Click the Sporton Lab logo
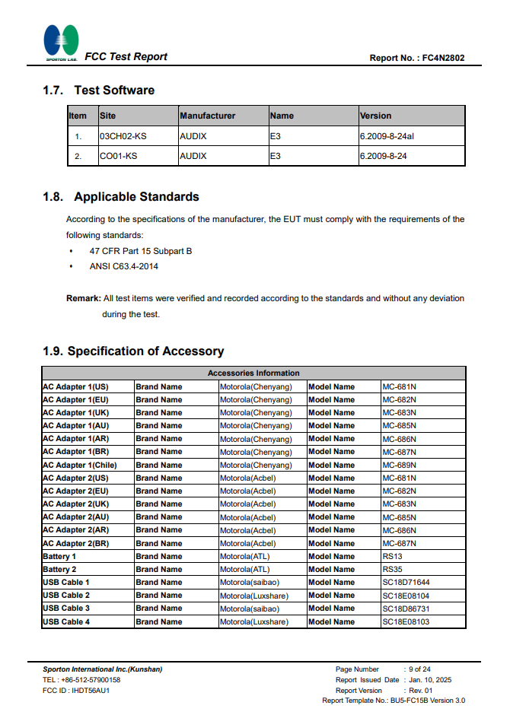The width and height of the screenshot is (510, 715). tap(61, 43)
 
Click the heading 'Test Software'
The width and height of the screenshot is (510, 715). tap(114, 91)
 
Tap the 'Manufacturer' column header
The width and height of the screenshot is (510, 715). tap(208, 116)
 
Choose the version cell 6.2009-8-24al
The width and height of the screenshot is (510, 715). tap(387, 136)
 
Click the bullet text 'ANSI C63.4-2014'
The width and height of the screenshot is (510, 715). tap(124, 266)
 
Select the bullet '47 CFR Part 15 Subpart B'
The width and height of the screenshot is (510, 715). tap(141, 251)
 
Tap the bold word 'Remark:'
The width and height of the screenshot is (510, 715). tap(83, 298)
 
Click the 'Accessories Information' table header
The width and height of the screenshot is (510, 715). tap(253, 373)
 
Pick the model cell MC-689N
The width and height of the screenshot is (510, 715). tap(399, 465)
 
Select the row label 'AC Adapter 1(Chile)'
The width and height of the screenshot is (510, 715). tap(80, 465)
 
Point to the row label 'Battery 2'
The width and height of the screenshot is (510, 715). tap(59, 569)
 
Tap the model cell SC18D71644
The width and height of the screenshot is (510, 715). tap(406, 583)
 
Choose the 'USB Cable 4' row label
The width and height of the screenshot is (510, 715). tap(66, 621)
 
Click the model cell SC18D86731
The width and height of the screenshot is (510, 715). tap(406, 609)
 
